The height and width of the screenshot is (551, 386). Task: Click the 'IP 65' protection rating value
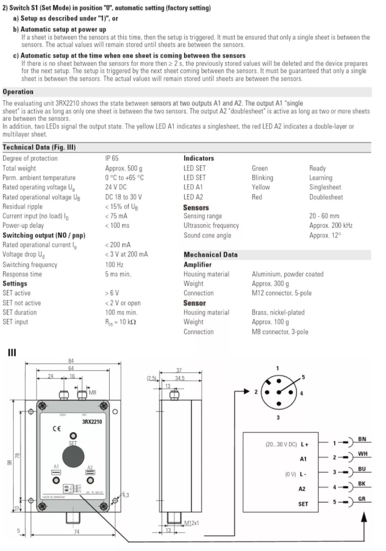[112, 158]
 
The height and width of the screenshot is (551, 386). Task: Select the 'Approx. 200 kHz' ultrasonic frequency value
[331, 225]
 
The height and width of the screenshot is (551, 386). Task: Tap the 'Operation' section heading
[18, 92]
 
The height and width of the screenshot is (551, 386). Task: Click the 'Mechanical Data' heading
[210, 255]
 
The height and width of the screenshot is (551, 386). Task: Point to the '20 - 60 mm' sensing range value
[324, 216]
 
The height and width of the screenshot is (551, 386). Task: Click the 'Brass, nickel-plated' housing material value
[278, 312]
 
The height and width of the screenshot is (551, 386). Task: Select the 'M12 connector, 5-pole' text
[282, 293]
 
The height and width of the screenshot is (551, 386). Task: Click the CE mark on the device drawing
[57, 428]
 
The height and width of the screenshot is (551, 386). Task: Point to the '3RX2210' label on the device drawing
[92, 422]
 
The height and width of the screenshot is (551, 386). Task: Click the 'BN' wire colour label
[362, 439]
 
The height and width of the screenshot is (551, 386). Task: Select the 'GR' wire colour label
[362, 499]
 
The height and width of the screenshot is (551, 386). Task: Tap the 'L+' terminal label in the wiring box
[304, 445]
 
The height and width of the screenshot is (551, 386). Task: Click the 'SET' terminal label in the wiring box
[303, 504]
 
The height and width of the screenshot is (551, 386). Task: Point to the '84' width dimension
[71, 361]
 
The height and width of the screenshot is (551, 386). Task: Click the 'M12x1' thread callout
[191, 523]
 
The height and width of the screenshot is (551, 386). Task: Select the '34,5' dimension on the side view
[180, 378]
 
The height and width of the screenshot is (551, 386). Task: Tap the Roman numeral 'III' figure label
[12, 353]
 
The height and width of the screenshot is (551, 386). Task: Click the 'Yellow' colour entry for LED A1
[261, 187]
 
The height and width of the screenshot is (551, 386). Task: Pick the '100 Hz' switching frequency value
[114, 265]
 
